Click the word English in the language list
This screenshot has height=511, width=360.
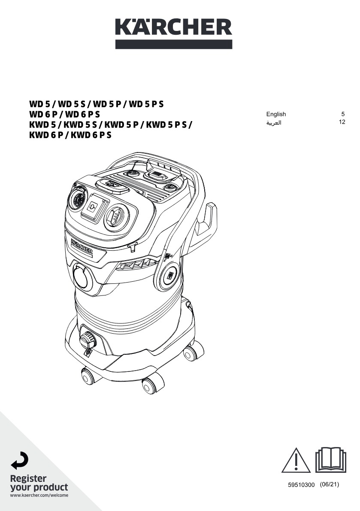click(276, 114)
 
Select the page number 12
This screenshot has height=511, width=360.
click(342, 122)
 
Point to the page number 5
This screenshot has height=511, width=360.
click(343, 114)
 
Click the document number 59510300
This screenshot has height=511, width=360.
click(301, 485)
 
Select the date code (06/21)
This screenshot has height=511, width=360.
click(330, 484)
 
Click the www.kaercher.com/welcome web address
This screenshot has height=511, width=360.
click(39, 496)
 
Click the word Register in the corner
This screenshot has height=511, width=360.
click(28, 478)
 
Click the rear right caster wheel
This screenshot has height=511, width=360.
click(190, 353)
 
